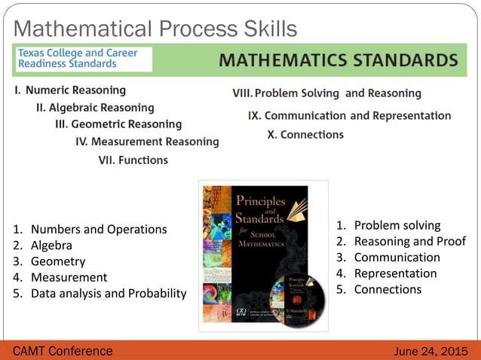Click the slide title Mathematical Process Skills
point(155,29)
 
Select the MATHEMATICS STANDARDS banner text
point(337,59)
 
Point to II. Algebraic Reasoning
point(95,108)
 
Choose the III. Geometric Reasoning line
point(118,124)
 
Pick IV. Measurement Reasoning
point(147,142)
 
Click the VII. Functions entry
point(133,160)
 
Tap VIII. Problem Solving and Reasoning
point(326,93)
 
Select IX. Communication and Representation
point(350,116)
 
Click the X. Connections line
point(305,135)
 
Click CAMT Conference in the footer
point(63,351)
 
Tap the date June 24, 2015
point(431,351)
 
